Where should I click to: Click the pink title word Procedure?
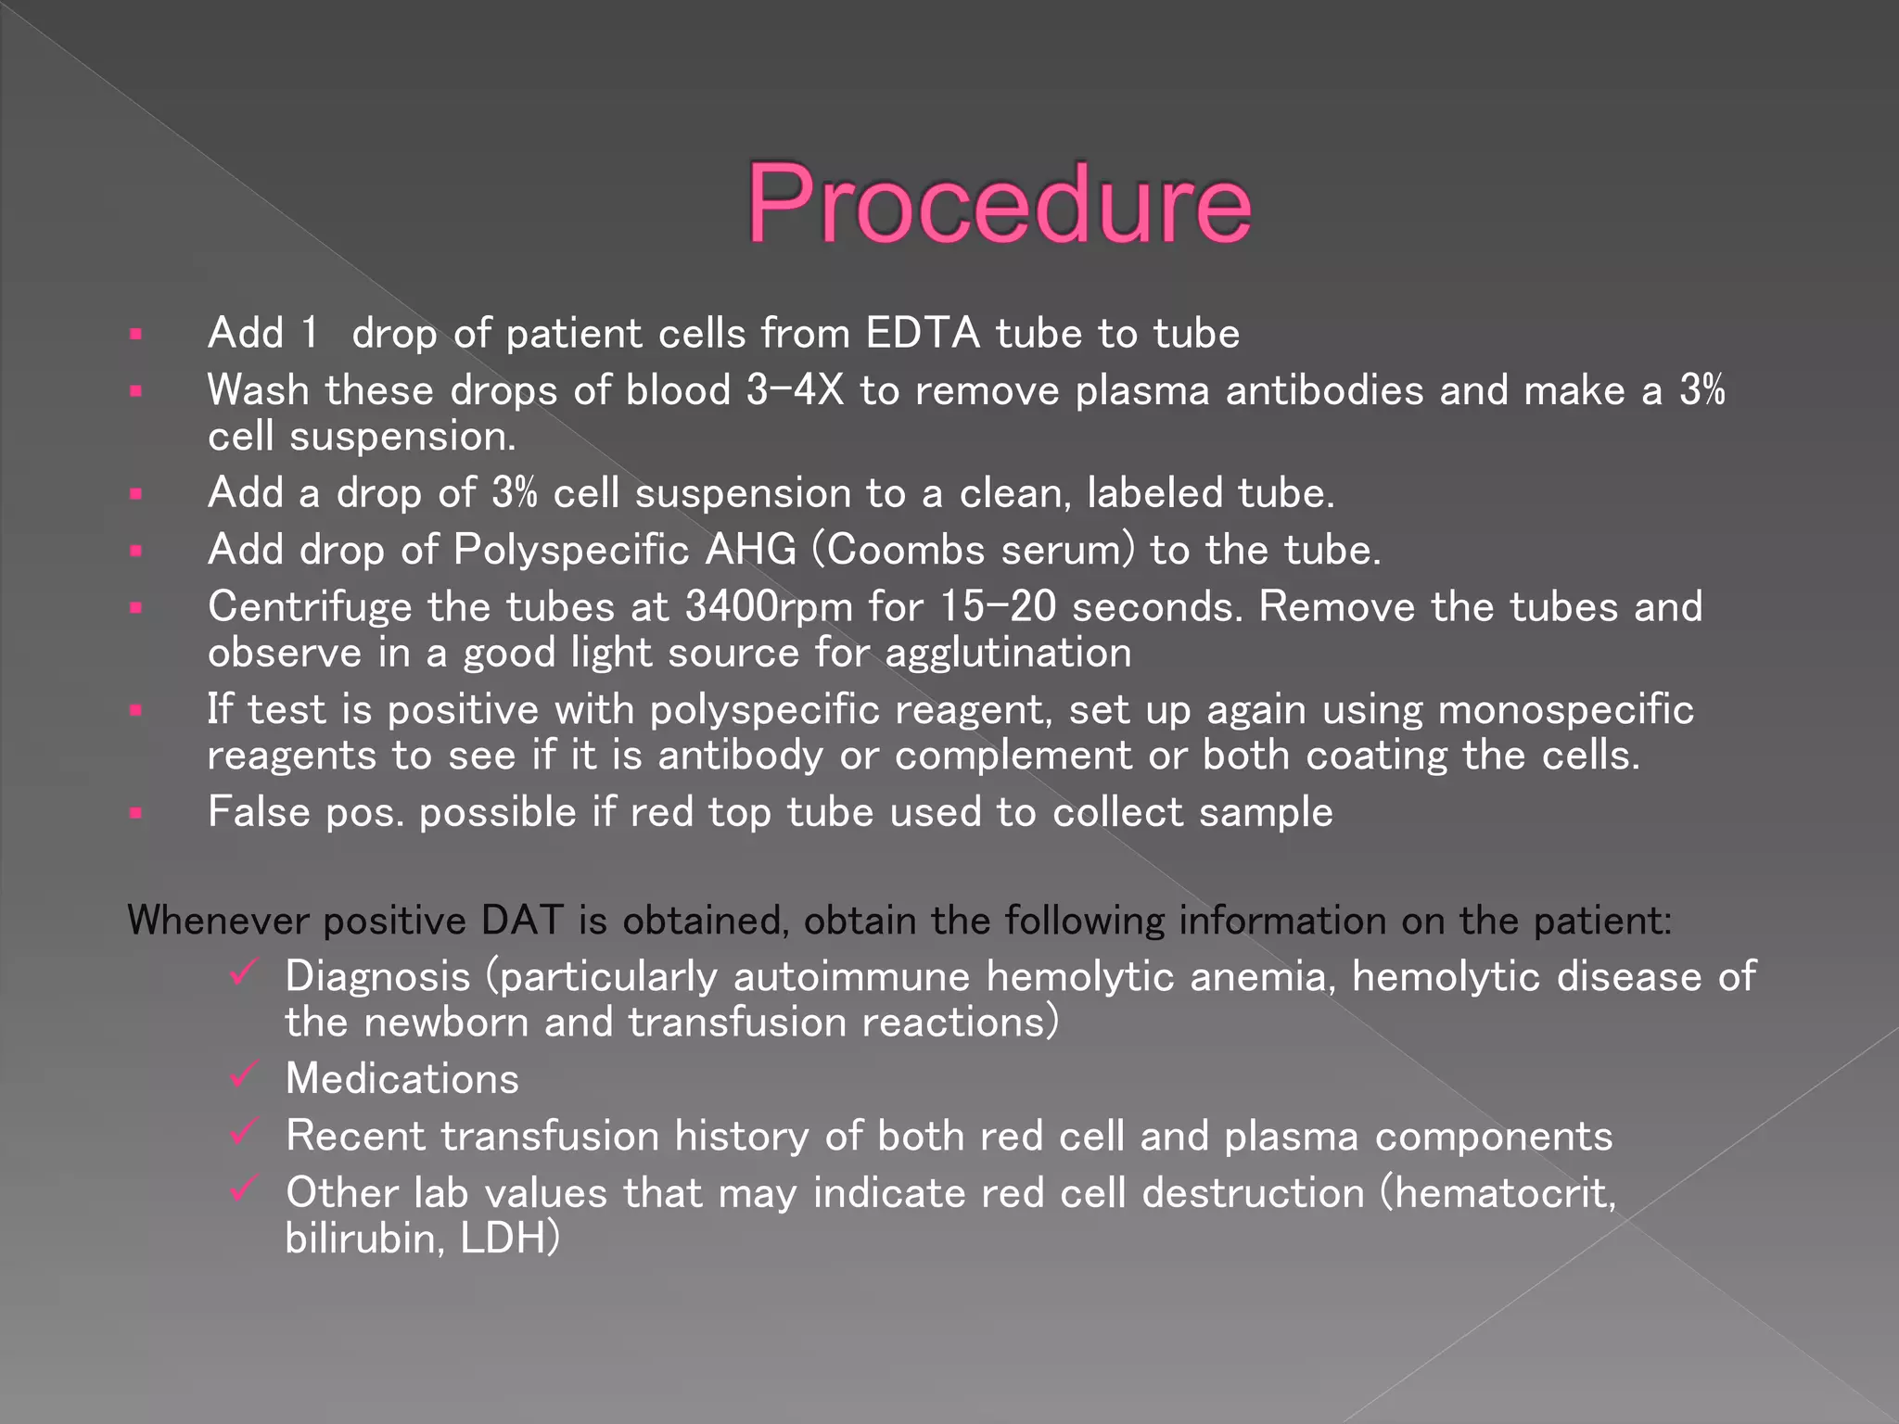pos(999,204)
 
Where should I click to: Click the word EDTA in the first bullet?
pos(923,333)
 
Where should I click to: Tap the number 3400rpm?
pos(769,607)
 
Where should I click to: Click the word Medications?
pos(402,1079)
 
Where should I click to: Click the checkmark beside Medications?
pos(243,1074)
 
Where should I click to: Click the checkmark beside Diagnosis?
pos(243,973)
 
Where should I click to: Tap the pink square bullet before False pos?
pos(136,814)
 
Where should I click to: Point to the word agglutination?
pos(1008,654)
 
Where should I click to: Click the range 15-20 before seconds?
pos(998,607)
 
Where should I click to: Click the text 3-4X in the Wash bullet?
pos(795,390)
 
